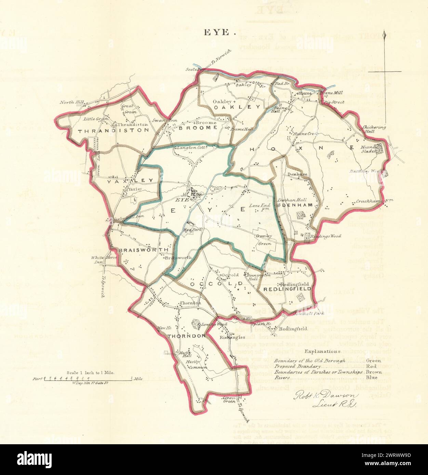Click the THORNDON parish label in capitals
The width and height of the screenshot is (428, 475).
[186, 336]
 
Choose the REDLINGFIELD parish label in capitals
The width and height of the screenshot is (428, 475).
[287, 289]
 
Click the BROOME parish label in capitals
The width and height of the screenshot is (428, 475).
[198, 127]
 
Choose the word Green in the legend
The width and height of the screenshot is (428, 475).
[372, 360]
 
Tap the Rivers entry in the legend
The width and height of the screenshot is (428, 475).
[282, 378]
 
